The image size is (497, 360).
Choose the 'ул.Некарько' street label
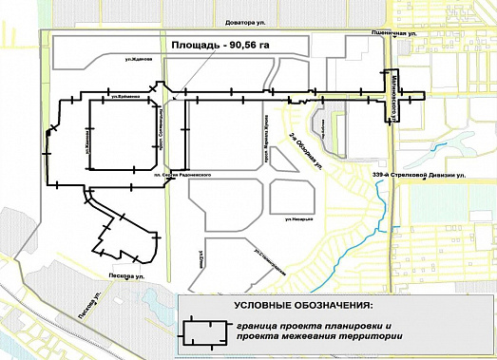300,218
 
